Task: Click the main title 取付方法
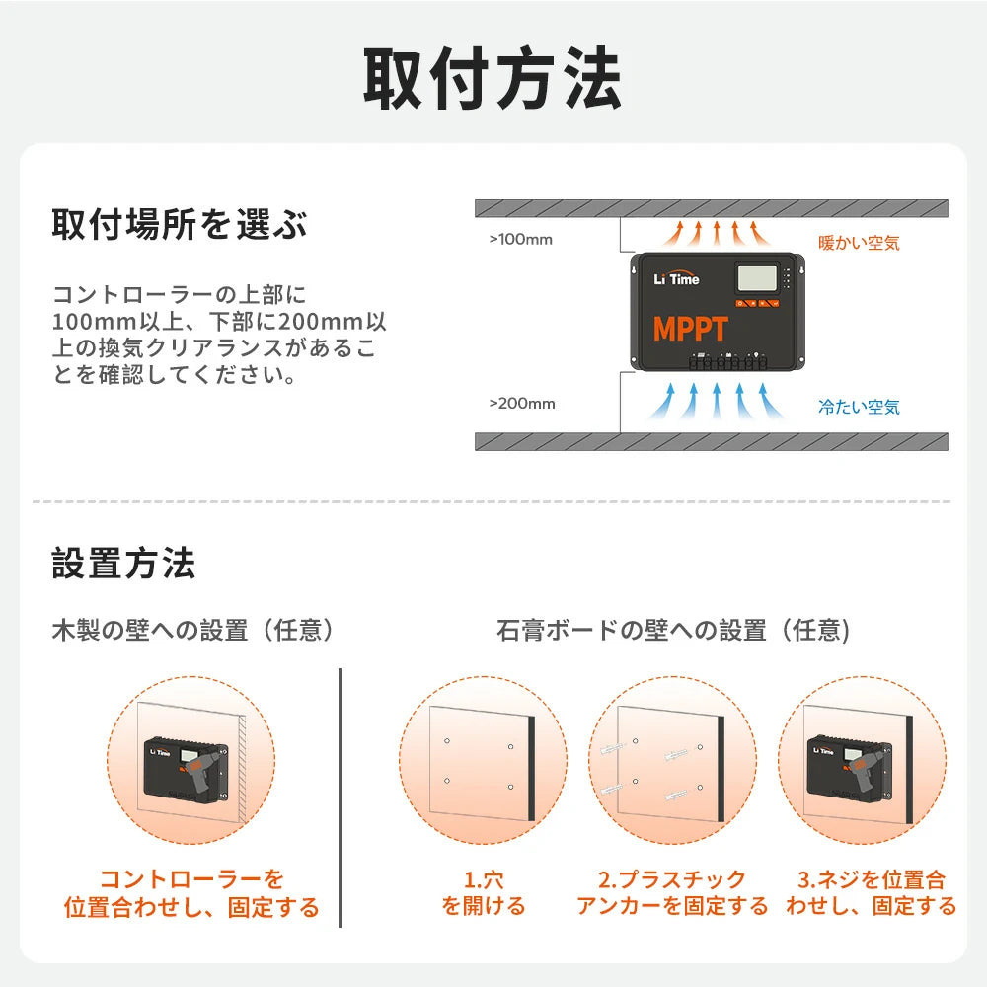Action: (493, 79)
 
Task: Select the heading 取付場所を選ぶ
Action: (179, 225)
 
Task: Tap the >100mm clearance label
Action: (521, 239)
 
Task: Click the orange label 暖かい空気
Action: (859, 242)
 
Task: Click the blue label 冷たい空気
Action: (859, 407)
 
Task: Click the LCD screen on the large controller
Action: (757, 277)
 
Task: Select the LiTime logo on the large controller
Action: (676, 279)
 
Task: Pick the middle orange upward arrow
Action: (718, 234)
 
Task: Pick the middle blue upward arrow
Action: (718, 401)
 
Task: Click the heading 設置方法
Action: (123, 565)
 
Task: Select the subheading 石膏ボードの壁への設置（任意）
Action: (673, 630)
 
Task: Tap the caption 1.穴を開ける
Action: (484, 892)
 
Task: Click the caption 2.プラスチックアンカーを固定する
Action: (672, 892)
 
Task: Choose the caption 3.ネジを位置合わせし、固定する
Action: (871, 892)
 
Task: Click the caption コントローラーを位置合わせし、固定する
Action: (192, 892)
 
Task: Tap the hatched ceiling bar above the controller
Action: (711, 209)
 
